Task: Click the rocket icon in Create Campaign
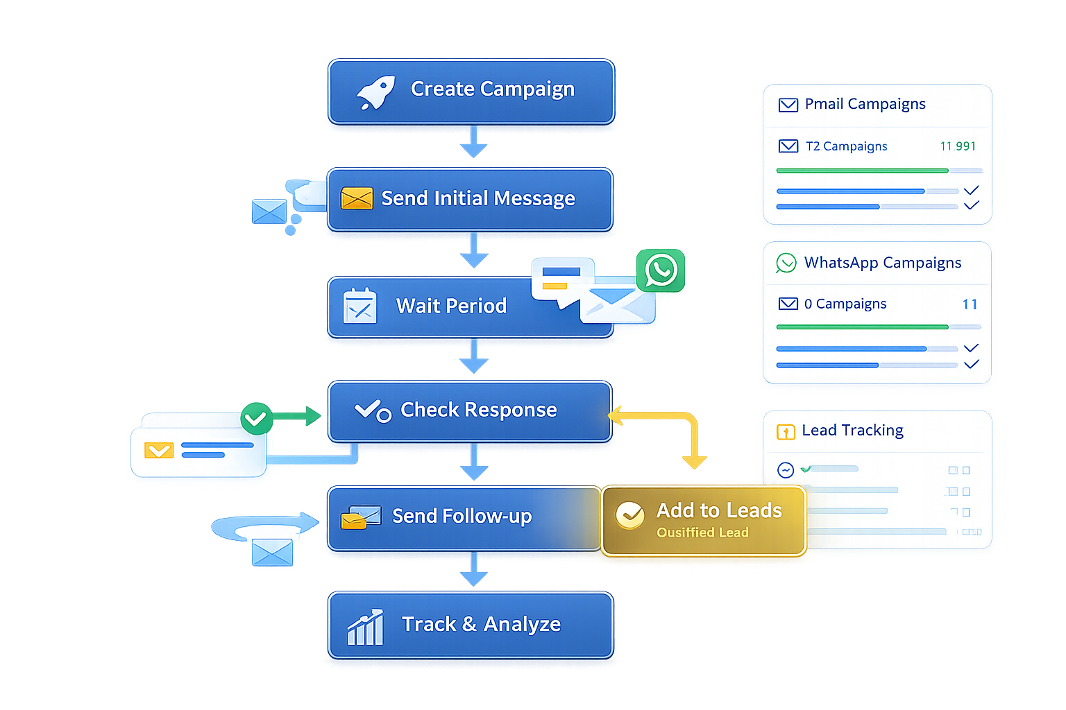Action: pos(375,93)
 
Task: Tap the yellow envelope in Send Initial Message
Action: pos(357,198)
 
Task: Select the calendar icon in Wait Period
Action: pos(359,306)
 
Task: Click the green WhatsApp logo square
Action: pos(661,271)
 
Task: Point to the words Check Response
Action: pos(478,410)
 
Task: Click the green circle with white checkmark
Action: pos(256,419)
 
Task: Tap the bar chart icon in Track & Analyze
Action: pos(365,627)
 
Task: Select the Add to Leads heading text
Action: pos(719,510)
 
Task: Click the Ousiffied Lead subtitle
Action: pos(702,532)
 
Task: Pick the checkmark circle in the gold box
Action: pos(630,515)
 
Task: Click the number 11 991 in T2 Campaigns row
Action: pos(958,146)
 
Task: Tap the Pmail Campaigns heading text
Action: pos(865,104)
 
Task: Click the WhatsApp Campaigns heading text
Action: pos(882,263)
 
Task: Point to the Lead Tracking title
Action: pos(852,431)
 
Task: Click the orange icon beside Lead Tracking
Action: pos(785,432)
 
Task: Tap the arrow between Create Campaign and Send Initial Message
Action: pos(473,143)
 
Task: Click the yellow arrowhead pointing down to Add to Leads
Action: pos(694,461)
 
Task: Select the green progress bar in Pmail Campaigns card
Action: pos(862,171)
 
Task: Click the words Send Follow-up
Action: pos(462,516)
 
